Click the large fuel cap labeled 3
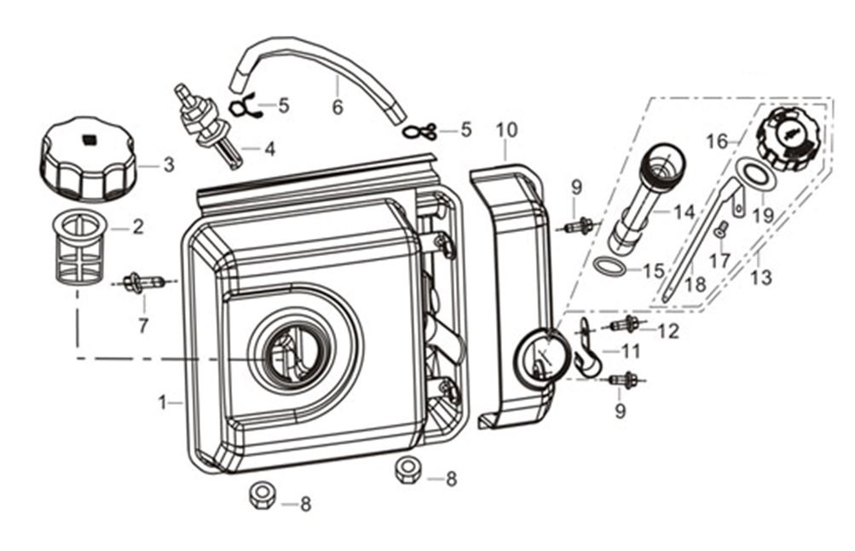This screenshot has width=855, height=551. click(85, 160)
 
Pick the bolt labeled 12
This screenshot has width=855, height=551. click(627, 325)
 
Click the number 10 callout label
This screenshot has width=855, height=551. click(506, 130)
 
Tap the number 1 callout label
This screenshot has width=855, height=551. click(162, 400)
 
